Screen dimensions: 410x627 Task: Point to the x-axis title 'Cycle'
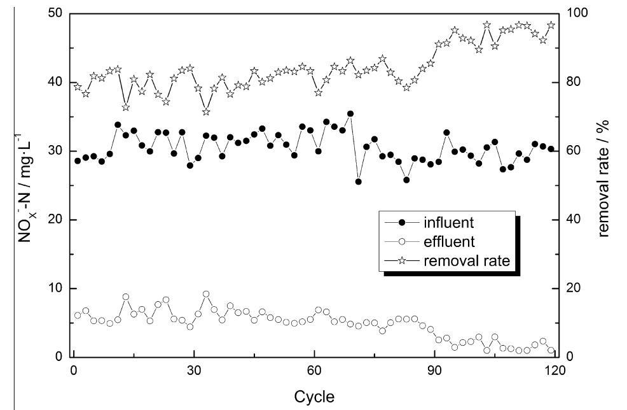tap(313, 397)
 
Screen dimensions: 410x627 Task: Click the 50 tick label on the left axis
tap(55, 13)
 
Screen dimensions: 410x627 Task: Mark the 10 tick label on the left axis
tap(55, 288)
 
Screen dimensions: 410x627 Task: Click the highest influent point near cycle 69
tap(350, 114)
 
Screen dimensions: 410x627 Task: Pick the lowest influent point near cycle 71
tap(359, 181)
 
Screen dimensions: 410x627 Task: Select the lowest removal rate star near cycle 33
tap(206, 111)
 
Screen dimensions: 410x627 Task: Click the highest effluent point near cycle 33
tap(206, 294)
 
